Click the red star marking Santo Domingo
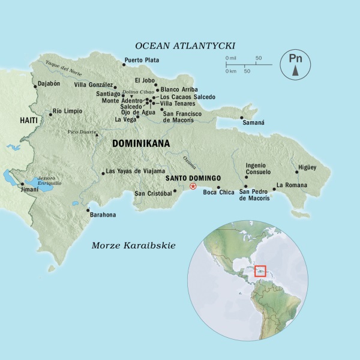193,187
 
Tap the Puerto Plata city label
142,59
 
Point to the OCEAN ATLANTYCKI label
185,46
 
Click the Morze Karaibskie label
129,245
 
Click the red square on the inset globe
260,271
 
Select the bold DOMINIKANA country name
140,144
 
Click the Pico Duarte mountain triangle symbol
96,136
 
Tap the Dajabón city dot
35,86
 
